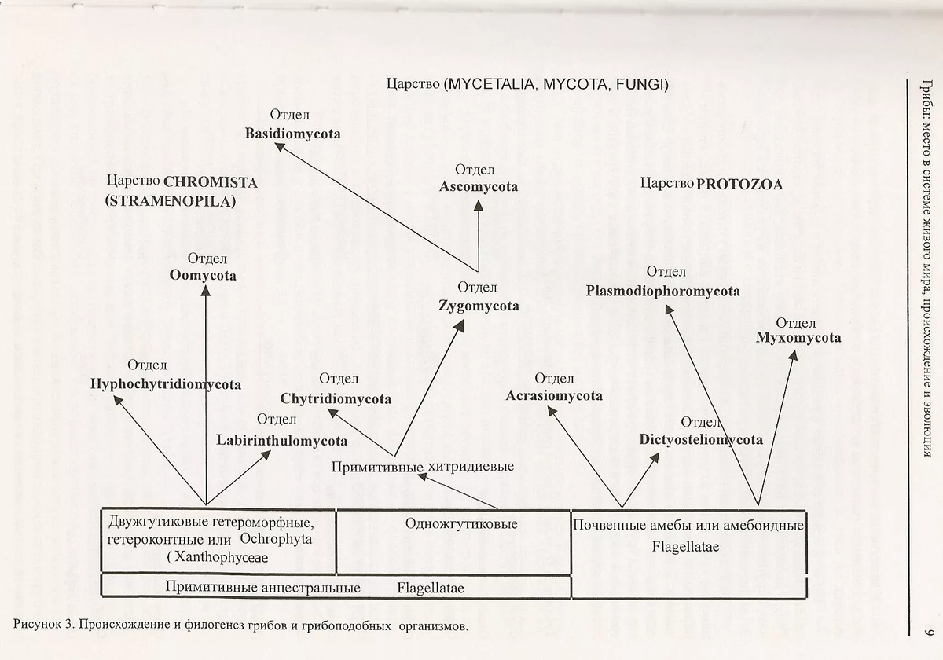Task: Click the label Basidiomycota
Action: point(292,134)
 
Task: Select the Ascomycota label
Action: point(479,187)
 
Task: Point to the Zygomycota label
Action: point(479,306)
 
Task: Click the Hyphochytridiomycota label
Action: point(165,384)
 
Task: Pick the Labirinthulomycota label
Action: point(281,440)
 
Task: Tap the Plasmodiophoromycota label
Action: point(662,291)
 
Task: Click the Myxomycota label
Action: point(798,338)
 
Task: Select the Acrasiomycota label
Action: point(554,395)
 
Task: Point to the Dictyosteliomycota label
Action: point(701,439)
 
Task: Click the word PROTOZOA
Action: point(739,185)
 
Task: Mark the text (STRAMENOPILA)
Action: point(171,201)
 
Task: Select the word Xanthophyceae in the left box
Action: point(222,557)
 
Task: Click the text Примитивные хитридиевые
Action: point(422,467)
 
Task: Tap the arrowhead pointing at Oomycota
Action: point(206,290)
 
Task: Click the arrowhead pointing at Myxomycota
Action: point(794,356)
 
